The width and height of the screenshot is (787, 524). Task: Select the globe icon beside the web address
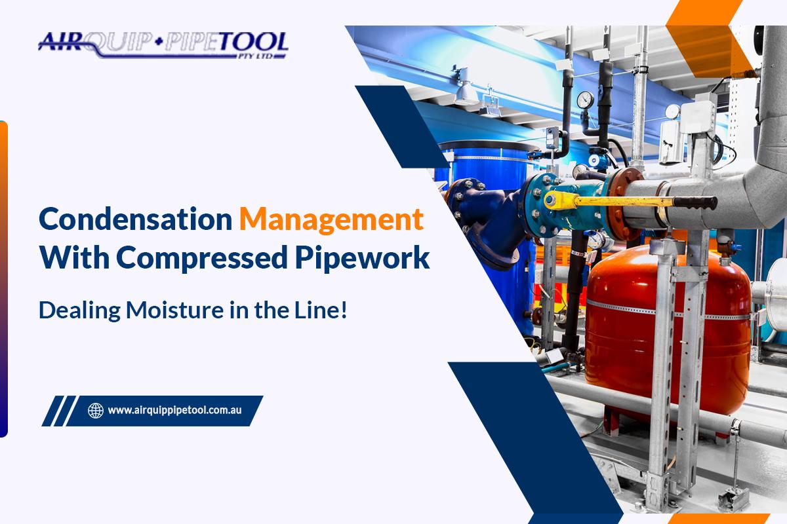[x=96, y=411]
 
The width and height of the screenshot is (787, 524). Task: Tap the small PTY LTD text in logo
[x=270, y=56]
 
